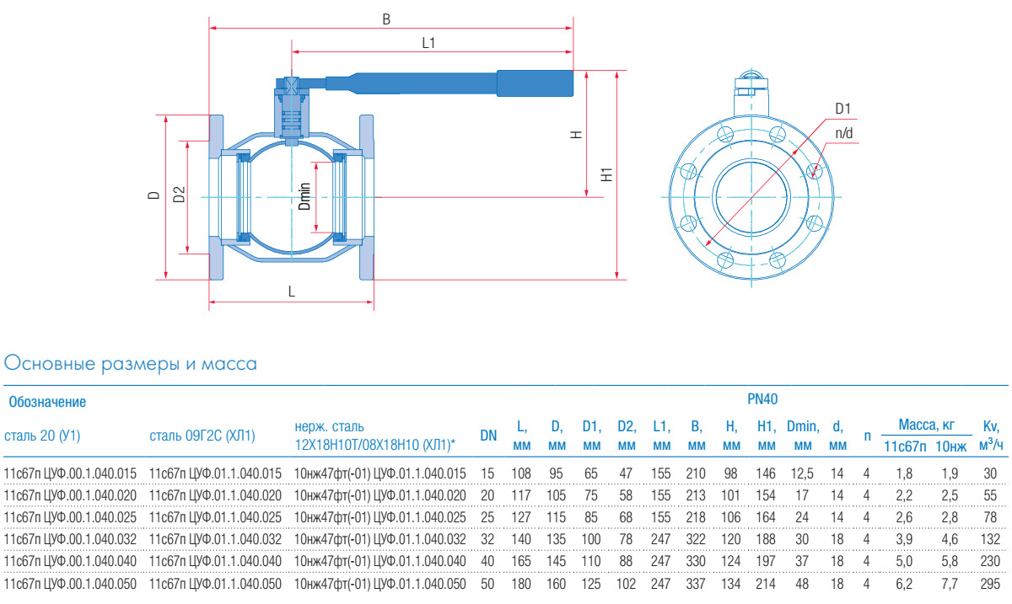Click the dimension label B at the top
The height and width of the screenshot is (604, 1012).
coord(386,19)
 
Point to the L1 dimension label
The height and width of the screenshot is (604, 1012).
coord(428,43)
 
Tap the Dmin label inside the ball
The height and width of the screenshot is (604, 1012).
coord(305,196)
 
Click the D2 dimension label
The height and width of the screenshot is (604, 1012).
coord(180,194)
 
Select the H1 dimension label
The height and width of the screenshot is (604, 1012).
coord(606,174)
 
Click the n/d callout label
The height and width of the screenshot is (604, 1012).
coord(843,133)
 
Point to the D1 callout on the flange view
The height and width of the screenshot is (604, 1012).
coord(843,109)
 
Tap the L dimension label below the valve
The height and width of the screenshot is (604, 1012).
coord(292,291)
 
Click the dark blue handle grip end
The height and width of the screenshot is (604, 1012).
coord(535,83)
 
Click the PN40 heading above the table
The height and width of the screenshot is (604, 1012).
coord(762,399)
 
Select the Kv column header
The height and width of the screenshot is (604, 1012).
coord(991,436)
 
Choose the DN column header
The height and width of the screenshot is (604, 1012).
coord(488,436)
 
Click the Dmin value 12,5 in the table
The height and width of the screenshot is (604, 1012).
coord(802,473)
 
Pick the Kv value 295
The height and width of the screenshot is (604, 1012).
coord(990,584)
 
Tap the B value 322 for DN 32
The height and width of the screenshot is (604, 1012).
coord(695,539)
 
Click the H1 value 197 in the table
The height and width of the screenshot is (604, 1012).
coord(766,562)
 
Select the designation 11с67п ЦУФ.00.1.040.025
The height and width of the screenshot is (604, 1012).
coord(70,517)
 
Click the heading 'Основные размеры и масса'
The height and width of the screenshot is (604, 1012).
coord(130,364)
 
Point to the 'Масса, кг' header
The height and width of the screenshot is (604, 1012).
coord(926,425)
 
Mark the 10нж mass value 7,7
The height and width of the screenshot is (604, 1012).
coord(950,584)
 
